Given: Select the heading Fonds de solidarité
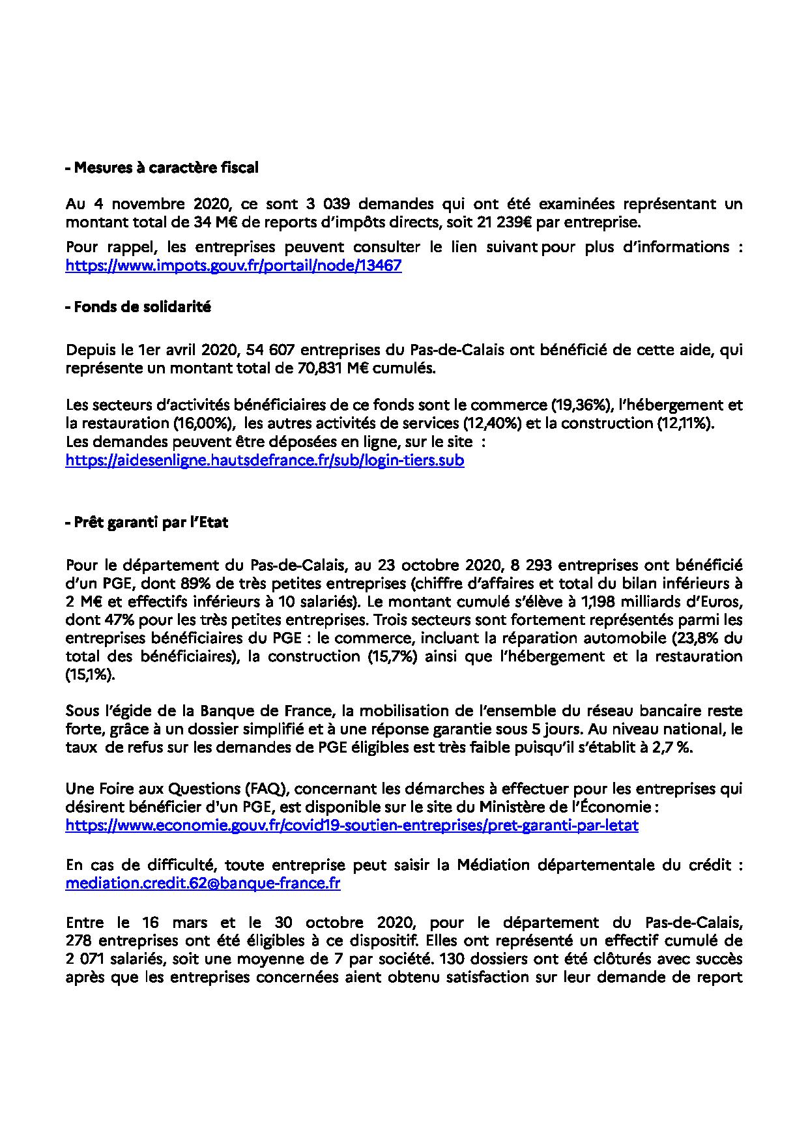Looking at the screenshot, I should click(138, 307).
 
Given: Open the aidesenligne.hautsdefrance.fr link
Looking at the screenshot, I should click(265, 461).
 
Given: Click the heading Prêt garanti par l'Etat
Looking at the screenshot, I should click(147, 522).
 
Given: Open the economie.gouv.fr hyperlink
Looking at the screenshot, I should click(352, 826).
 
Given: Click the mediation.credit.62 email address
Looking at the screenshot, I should click(203, 884).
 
